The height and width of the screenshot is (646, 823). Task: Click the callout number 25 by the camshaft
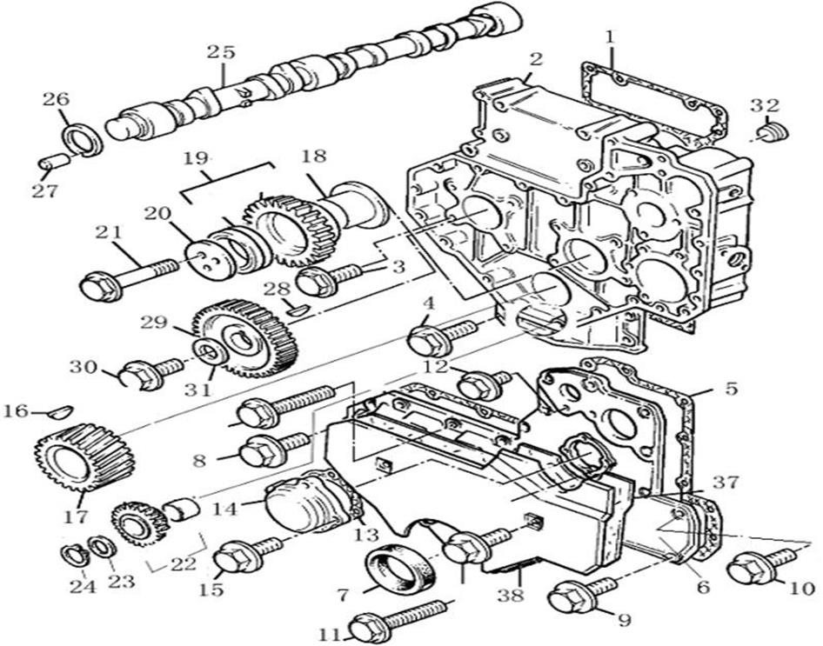(x=221, y=52)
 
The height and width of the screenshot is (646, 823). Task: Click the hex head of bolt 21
(x=100, y=285)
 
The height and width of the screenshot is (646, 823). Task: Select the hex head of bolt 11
(x=369, y=626)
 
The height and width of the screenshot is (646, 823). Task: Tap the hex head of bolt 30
(x=139, y=376)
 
